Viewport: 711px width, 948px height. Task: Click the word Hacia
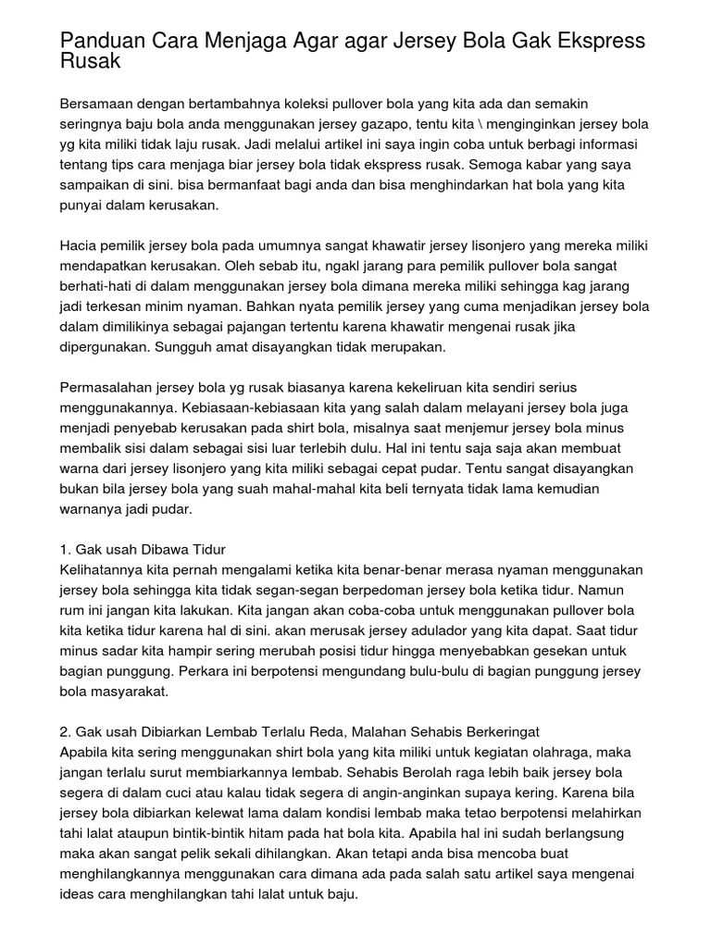(78, 247)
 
